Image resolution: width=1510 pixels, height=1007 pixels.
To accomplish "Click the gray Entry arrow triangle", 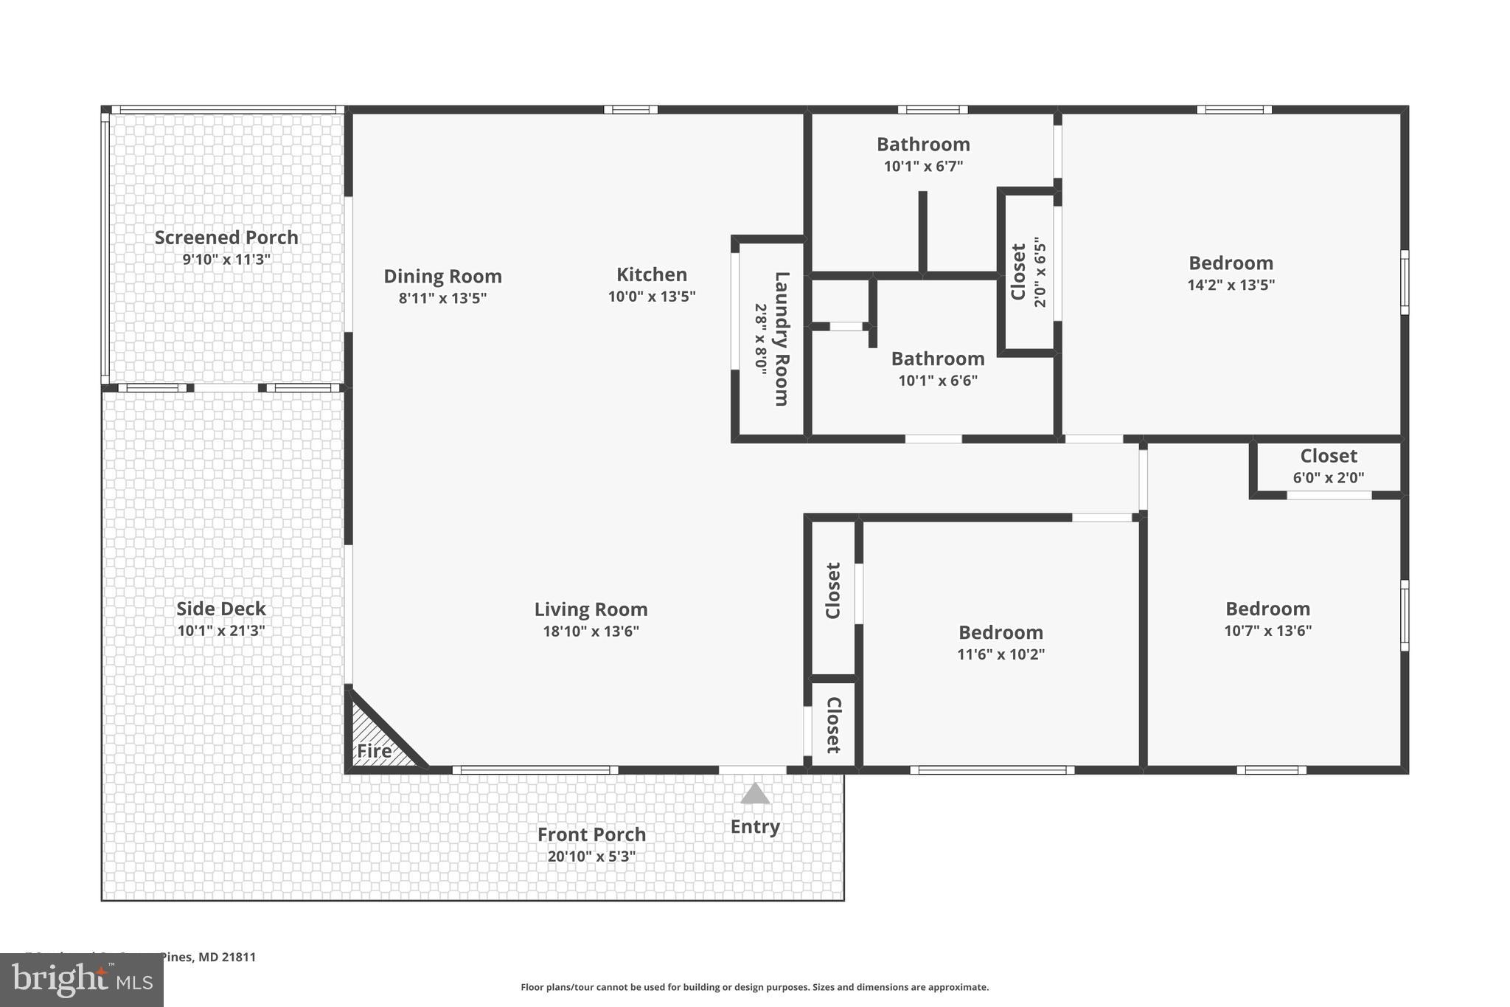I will (755, 795).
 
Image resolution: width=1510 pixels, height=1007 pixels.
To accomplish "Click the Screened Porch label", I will (226, 238).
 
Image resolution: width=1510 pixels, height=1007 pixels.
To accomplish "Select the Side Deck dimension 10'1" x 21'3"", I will (221, 631).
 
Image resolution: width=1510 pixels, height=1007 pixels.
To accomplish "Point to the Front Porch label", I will (591, 834).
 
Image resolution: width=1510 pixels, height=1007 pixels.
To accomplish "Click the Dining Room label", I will (442, 277).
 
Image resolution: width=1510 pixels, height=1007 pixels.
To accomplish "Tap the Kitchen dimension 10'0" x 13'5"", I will (652, 297).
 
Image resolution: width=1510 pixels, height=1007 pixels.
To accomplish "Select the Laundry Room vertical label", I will (782, 339).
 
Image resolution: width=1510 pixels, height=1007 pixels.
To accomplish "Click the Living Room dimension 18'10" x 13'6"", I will (591, 631).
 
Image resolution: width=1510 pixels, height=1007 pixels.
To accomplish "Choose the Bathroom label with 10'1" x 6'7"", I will (923, 145).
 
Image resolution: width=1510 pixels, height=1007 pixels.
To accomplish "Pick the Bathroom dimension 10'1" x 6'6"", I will (938, 381).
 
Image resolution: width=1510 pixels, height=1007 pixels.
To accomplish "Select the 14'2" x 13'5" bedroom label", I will (1231, 263).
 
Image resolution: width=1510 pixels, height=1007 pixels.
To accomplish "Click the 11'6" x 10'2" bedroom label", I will (1001, 633).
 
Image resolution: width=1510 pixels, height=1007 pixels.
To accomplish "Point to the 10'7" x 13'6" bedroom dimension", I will (1268, 631).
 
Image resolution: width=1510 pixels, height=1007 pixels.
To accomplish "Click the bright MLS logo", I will (81, 980).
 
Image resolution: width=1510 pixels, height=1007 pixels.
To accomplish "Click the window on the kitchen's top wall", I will (630, 110).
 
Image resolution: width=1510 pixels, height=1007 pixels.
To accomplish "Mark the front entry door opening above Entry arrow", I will (752, 770).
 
